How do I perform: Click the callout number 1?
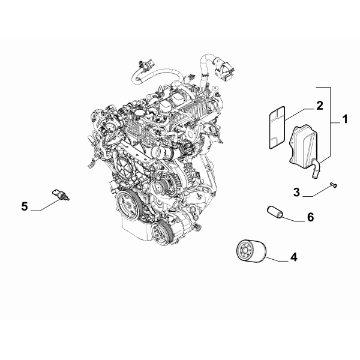coord(344,120)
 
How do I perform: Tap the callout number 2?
coord(320,106)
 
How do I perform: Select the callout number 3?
coord(296,192)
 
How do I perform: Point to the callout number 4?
coord(293,257)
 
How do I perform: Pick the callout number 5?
coord(25,207)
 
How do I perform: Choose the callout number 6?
coord(310,217)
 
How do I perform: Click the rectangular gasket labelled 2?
coord(275,127)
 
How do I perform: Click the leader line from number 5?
coord(45,208)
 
